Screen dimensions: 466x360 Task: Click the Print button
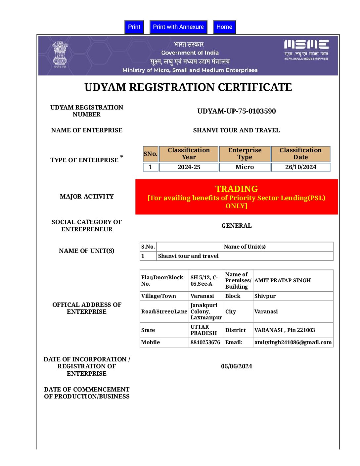tap(134, 27)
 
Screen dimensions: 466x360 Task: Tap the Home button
tap(224, 27)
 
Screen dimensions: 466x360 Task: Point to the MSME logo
tap(306, 50)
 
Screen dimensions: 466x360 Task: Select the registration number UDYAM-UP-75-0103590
tap(236, 111)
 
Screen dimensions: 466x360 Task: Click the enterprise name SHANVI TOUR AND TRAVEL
tap(236, 130)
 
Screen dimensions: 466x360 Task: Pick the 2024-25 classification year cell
tap(189, 167)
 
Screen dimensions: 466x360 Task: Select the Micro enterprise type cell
tap(245, 167)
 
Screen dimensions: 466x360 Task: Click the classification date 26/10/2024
tap(300, 167)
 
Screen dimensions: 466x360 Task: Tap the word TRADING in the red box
tap(236, 189)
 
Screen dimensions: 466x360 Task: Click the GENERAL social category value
tap(236, 226)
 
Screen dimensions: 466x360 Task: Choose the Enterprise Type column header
tap(245, 154)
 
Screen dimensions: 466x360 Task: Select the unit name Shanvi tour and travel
tap(188, 256)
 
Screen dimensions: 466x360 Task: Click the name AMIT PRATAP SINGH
tap(283, 281)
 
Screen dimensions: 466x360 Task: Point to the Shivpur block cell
tap(265, 296)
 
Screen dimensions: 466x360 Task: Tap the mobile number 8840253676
tap(205, 343)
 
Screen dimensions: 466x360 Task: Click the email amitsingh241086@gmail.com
tap(293, 343)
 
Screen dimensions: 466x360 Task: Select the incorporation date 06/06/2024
tap(236, 366)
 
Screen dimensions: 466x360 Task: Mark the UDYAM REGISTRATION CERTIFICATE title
tap(188, 87)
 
